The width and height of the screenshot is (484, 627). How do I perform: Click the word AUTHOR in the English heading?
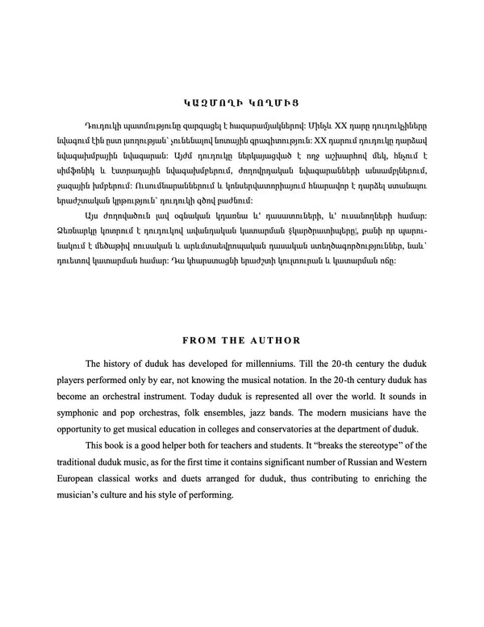276,339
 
